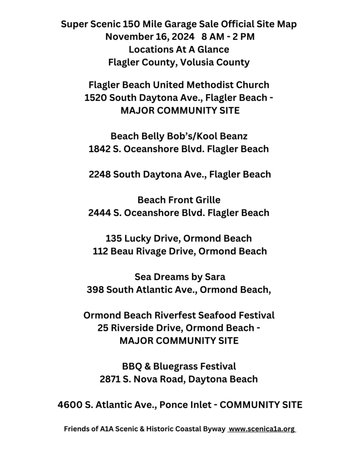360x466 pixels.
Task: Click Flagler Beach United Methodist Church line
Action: (x=179, y=85)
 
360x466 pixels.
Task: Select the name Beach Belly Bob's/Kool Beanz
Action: (x=179, y=136)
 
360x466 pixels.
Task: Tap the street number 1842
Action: (x=101, y=148)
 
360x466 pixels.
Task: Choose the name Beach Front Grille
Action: (x=179, y=199)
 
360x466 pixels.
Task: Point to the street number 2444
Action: (x=101, y=213)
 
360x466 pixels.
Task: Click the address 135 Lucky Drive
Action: (x=144, y=238)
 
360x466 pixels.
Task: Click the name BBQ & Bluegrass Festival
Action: (x=179, y=366)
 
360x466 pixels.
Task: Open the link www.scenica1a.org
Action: (x=262, y=429)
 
